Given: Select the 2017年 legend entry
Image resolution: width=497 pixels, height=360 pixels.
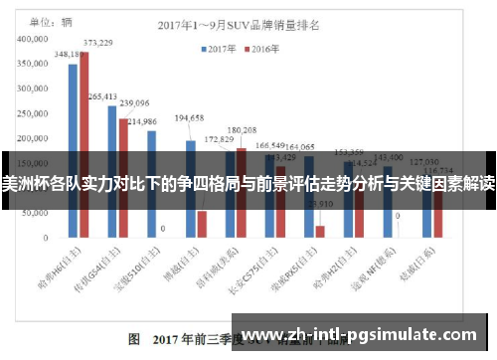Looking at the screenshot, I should (x=220, y=47).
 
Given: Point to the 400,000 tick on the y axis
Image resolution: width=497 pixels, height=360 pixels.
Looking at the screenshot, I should (x=36, y=39).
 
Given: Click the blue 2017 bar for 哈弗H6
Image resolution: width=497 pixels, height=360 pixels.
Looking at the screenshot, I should (x=73, y=149).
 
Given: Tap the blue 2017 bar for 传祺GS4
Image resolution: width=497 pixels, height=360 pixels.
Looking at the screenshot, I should (x=112, y=170).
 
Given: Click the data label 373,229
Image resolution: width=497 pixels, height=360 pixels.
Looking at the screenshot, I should (x=97, y=43).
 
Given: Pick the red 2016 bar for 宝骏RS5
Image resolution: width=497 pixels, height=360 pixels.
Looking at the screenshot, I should (x=320, y=232).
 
